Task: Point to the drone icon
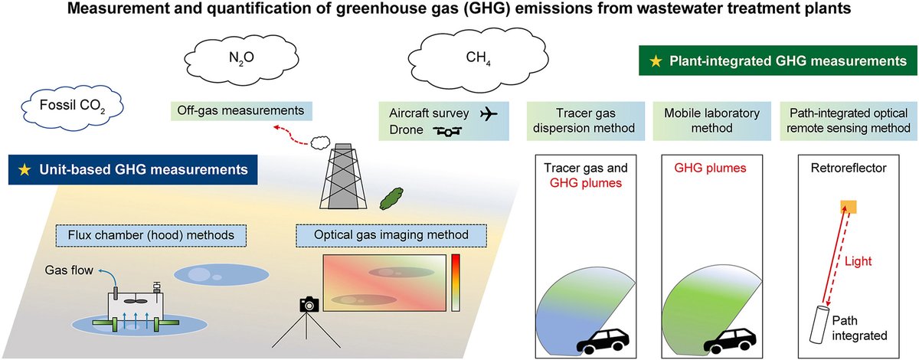pyautogui.click(x=448, y=131)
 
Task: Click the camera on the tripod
pyautogui.click(x=309, y=304)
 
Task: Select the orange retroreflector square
pyautogui.click(x=846, y=207)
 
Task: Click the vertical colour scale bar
pyautogui.click(x=456, y=282)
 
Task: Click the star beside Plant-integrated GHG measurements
pyautogui.click(x=655, y=60)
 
